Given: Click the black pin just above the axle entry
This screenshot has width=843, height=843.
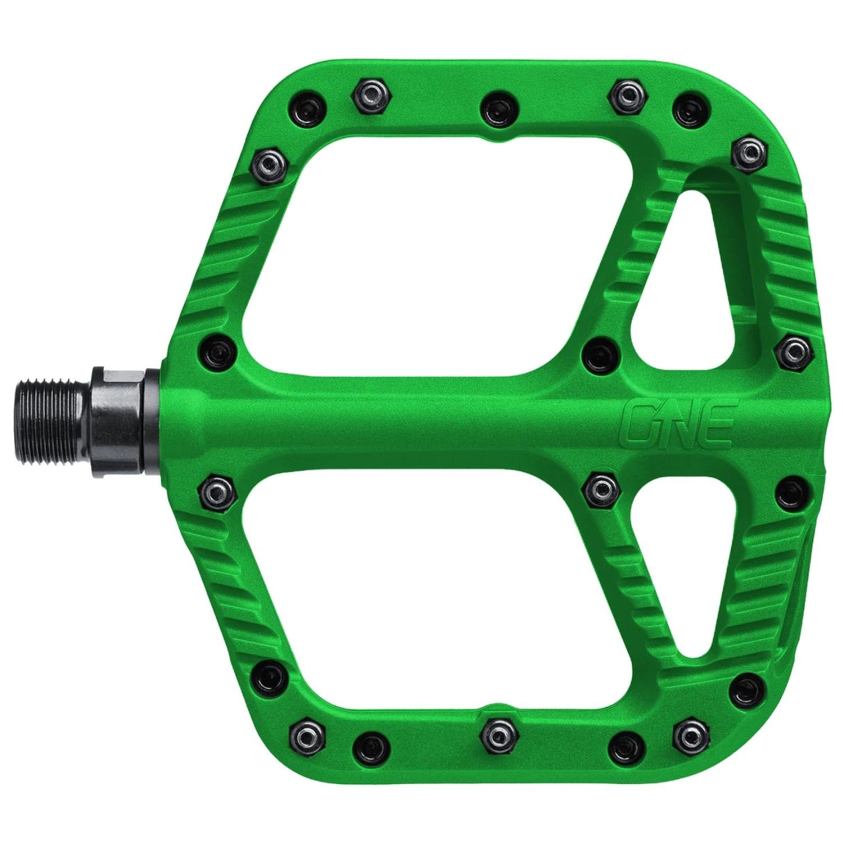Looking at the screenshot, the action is click(217, 351).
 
